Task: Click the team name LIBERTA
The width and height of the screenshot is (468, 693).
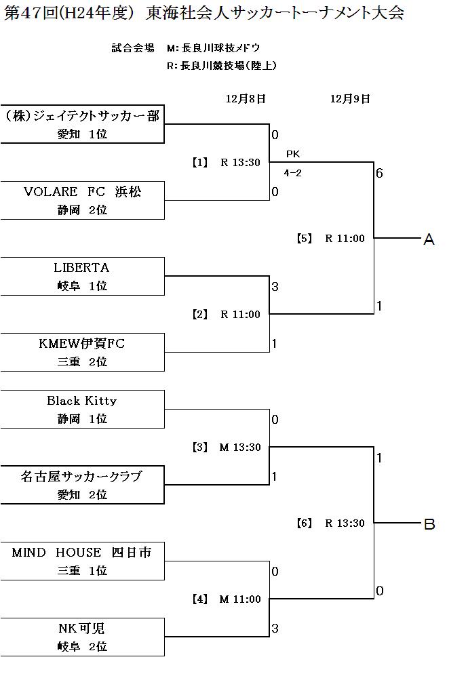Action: coord(81,268)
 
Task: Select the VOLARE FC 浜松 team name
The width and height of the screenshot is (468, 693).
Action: coord(82,192)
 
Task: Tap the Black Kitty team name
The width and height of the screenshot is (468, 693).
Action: coord(81,401)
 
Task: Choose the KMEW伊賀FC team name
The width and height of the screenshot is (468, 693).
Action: coord(81,344)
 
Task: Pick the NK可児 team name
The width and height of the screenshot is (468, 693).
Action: coord(81,629)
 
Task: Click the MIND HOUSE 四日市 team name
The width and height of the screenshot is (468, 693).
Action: coord(81,553)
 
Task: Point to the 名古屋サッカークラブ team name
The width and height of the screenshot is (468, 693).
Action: coord(81,477)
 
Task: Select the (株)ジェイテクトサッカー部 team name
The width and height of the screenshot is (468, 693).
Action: coord(81,116)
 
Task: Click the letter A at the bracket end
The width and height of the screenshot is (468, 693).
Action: coord(429,239)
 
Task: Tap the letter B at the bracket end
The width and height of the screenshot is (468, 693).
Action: coord(429,524)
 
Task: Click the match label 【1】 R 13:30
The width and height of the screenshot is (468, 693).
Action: coord(225,163)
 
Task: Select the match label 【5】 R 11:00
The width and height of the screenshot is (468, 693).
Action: coord(330,239)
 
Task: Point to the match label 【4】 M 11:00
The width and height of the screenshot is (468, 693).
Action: coord(225,599)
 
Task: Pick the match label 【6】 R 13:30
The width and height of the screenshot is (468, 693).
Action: coord(330,523)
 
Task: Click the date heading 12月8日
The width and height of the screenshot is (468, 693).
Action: coord(246,99)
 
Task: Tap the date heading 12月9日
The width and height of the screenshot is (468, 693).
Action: coord(350,99)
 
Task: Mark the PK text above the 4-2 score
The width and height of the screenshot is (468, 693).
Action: coord(293,154)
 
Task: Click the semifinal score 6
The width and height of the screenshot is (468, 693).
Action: coord(380,173)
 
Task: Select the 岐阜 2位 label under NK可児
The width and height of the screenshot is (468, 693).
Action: coord(82,647)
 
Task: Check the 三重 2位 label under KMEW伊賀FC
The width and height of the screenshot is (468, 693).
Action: coord(82,362)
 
